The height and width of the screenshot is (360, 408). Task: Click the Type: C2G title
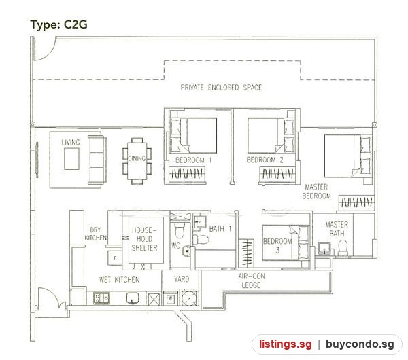pos(58,24)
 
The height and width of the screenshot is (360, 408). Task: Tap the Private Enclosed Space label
pos(221,88)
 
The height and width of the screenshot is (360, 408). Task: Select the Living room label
pos(71,142)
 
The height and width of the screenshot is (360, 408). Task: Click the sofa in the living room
pos(97,160)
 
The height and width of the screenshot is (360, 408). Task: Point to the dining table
pos(137,160)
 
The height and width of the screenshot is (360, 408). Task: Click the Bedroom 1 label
pos(193,160)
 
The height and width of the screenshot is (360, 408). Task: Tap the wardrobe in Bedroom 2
pos(277,174)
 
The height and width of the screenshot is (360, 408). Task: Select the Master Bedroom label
pos(316,191)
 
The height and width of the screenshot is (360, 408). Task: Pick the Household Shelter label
pos(144,239)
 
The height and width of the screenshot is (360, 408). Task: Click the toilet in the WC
pos(180,230)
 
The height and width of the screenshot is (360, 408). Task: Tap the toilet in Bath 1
pos(201,239)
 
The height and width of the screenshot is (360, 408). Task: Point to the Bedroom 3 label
pos(277,245)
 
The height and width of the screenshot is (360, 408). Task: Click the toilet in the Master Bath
pos(343,247)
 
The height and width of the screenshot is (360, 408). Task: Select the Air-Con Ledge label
pos(252,281)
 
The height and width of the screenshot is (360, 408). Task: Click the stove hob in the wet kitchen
pos(101,298)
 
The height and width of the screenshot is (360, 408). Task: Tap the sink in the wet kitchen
pos(133,298)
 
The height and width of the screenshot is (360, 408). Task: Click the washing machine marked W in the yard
pos(171,298)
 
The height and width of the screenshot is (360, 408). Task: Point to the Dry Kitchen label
pos(95,234)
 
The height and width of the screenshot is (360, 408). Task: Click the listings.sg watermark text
pos(285,344)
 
